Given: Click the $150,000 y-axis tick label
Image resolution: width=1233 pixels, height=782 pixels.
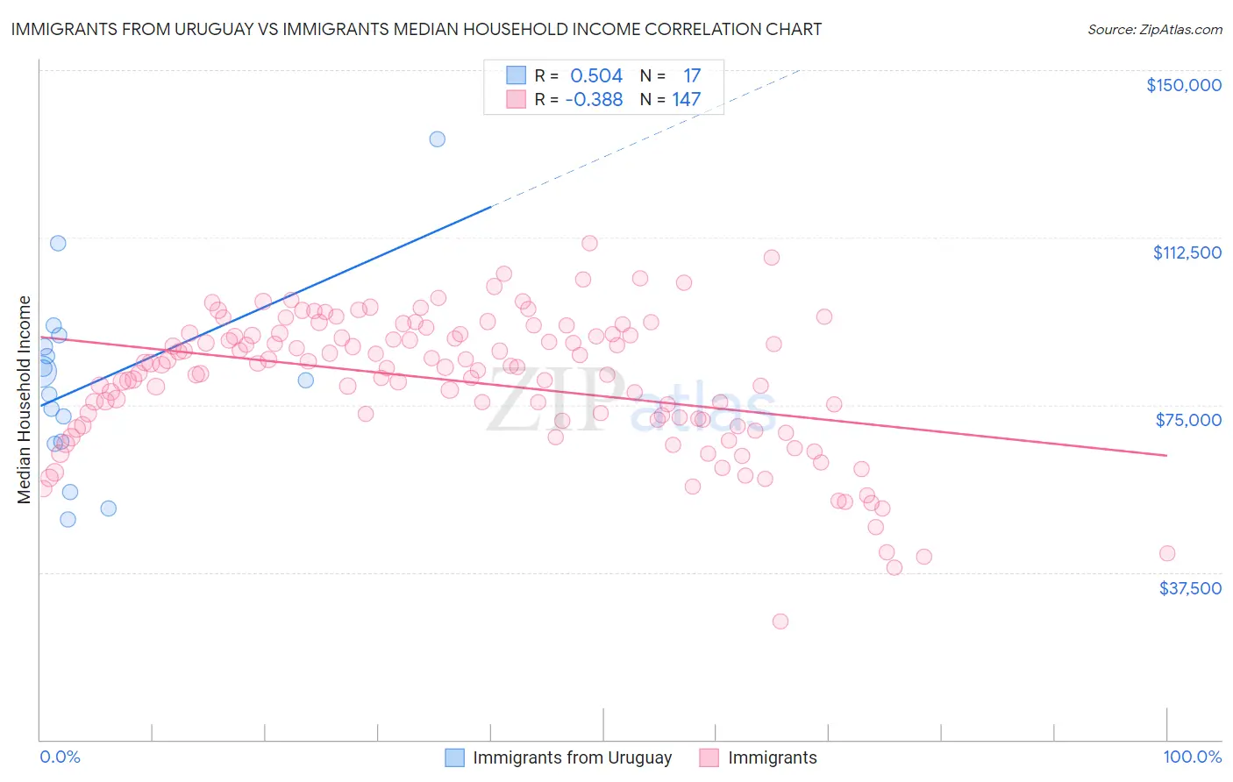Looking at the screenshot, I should (1183, 85).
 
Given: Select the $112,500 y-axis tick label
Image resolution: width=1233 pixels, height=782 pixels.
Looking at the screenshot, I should (1187, 252).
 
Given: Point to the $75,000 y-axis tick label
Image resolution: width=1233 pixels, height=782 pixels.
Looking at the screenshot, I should (1188, 420).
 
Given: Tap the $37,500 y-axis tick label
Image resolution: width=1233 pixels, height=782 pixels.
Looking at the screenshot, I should (1190, 588).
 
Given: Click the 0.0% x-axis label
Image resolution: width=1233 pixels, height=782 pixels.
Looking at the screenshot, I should (60, 757).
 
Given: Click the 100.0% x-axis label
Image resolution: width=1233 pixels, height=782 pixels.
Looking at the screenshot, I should (1192, 757).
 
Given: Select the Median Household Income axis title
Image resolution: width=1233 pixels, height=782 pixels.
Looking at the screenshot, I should (25, 400).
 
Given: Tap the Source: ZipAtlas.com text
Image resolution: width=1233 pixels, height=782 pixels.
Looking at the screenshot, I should (1154, 29).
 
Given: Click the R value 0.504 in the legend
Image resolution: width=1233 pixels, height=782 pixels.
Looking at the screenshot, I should (596, 76).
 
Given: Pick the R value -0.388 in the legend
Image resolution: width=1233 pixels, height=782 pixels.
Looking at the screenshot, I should (594, 100).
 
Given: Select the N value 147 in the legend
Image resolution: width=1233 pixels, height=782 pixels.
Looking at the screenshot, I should (687, 100).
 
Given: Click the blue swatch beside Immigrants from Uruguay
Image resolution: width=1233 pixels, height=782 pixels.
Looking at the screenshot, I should (454, 757).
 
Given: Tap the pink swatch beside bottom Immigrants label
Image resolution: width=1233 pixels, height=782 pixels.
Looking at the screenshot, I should (709, 757).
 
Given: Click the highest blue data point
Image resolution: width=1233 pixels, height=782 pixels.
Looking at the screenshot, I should (437, 139).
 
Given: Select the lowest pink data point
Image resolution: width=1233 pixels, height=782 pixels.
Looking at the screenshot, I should (780, 621).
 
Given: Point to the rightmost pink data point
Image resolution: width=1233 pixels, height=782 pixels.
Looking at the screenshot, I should (1166, 553).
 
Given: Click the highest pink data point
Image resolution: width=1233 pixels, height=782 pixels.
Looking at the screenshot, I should (589, 243).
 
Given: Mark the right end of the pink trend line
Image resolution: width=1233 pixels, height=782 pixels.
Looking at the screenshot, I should (1166, 455).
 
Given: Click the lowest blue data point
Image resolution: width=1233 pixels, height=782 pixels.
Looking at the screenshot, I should (68, 519).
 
